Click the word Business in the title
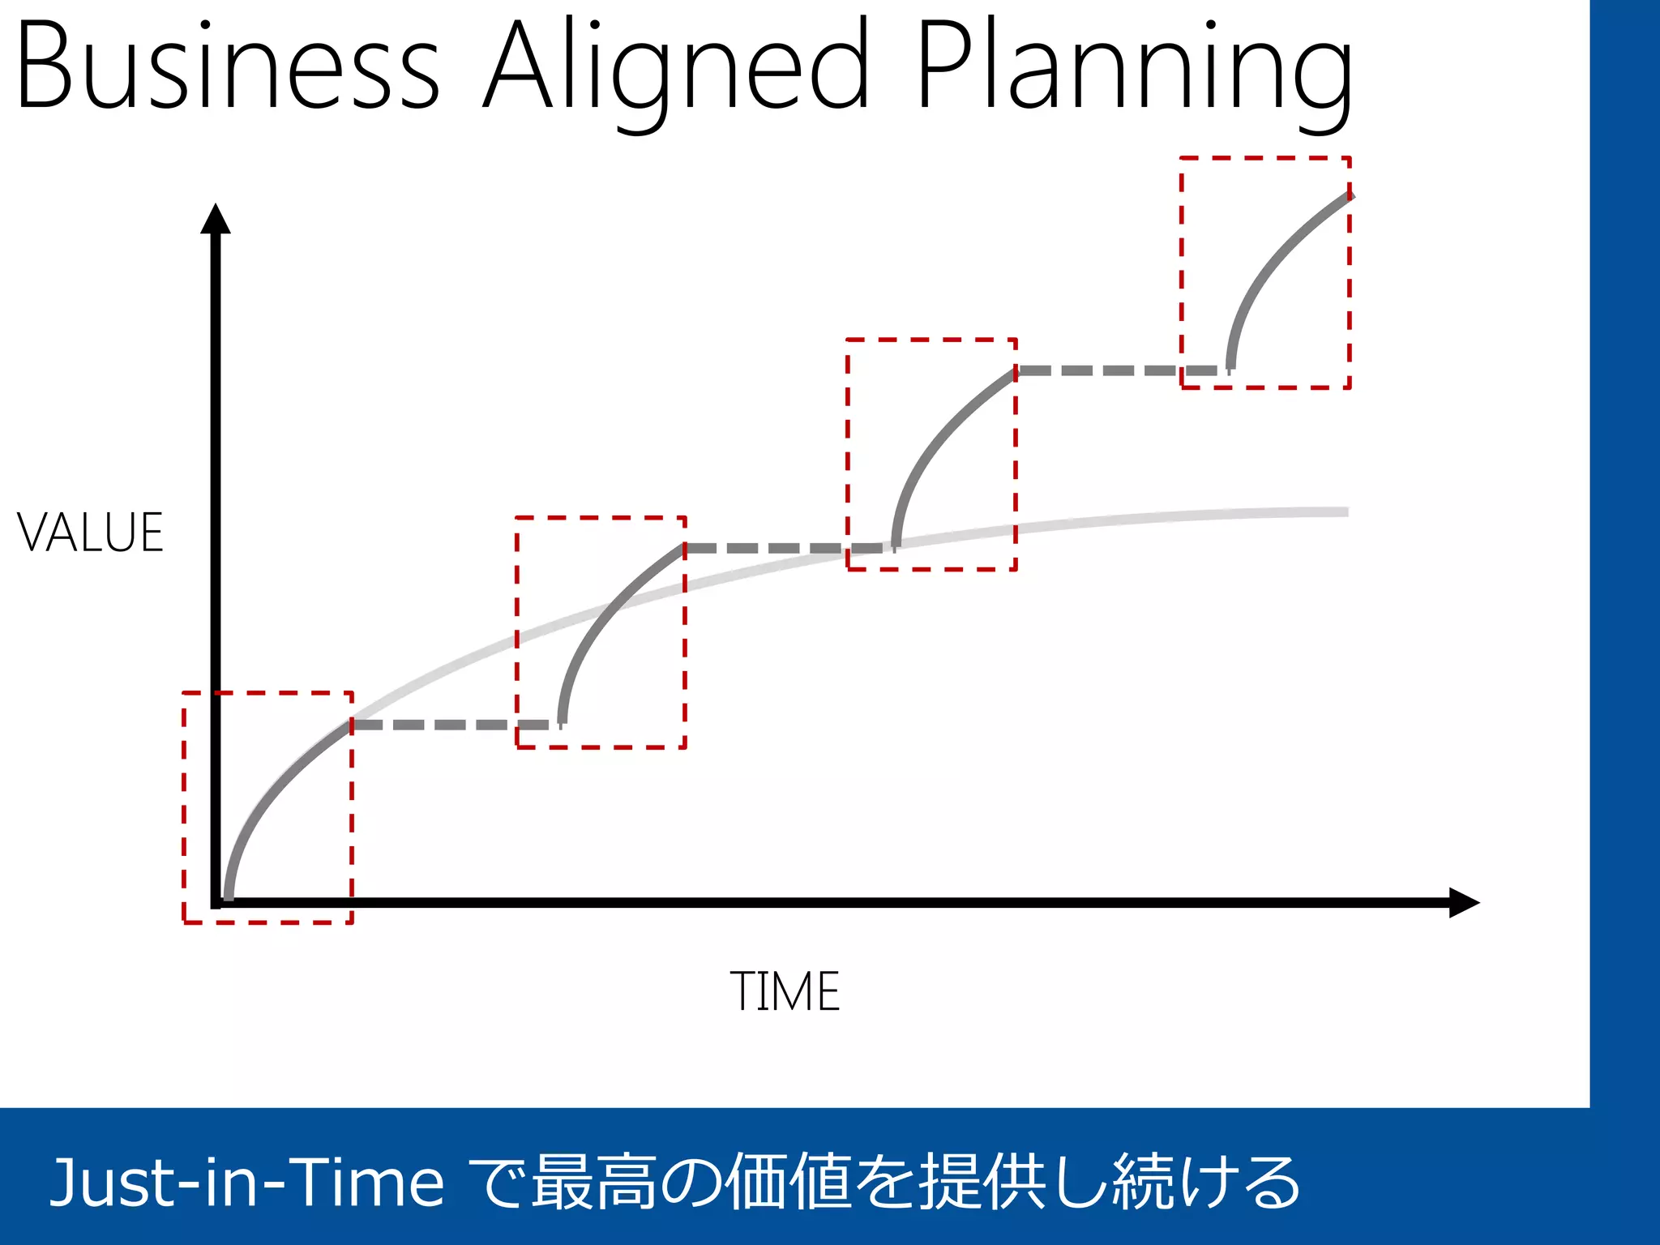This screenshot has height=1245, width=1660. [227, 65]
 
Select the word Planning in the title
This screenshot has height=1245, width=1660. [1135, 69]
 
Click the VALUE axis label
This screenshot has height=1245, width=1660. [90, 533]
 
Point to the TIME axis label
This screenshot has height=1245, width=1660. [785, 990]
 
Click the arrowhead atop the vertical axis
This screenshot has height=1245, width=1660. [216, 219]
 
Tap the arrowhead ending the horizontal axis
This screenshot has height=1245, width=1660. [1463, 902]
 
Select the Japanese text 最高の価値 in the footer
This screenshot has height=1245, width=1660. [721, 1182]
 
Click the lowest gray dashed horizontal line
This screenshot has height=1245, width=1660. [454, 725]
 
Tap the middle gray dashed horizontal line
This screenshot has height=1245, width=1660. [786, 548]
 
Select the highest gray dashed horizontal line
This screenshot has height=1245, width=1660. [1119, 370]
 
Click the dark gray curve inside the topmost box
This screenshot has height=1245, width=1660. [1273, 267]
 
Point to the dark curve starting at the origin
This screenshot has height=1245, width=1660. [267, 794]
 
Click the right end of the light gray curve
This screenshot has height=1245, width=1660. [1341, 512]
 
